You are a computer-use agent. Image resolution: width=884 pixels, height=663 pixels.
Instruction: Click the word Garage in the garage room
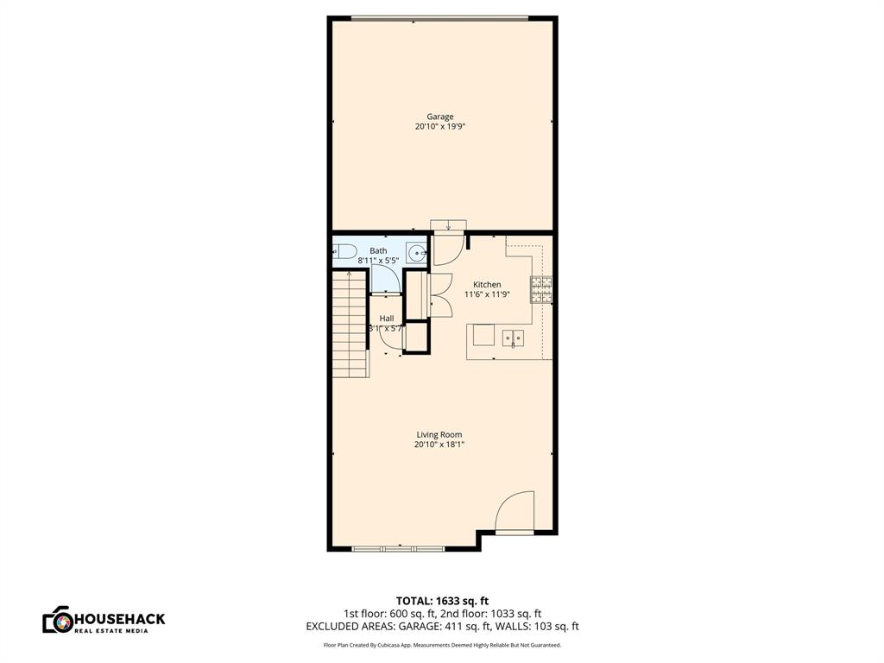pos(439,117)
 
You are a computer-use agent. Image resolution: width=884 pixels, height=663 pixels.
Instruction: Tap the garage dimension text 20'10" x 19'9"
pos(439,127)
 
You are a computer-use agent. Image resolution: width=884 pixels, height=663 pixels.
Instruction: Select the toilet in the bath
pos(345,252)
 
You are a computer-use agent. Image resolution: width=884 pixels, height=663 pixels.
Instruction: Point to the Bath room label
pos(378,250)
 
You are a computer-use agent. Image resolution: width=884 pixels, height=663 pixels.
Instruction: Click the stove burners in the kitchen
pos(541,289)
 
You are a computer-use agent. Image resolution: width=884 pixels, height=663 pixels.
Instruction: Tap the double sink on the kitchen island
pos(513,338)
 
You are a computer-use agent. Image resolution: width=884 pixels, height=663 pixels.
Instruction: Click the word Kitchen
pos(487,284)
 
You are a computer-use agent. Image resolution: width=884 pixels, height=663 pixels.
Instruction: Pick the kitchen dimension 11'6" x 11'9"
pos(487,294)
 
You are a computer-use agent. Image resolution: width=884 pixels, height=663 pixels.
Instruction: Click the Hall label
pos(386,319)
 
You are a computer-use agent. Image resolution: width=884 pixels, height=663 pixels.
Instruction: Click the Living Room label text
pos(439,434)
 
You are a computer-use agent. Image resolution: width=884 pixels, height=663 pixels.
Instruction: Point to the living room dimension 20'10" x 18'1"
pos(439,445)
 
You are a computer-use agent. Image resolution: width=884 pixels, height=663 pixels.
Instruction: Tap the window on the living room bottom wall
pos(399,548)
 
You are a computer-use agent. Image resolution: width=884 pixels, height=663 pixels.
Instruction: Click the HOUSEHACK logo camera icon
pos(58,620)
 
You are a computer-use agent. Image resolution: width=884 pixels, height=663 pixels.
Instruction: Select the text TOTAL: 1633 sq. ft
pos(441,601)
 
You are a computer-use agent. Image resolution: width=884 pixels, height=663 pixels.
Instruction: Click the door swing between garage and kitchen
pos(448,249)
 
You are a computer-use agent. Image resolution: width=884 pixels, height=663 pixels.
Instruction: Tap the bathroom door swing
pos(385,280)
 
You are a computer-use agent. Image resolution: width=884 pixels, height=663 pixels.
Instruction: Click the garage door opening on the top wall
pos(439,17)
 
